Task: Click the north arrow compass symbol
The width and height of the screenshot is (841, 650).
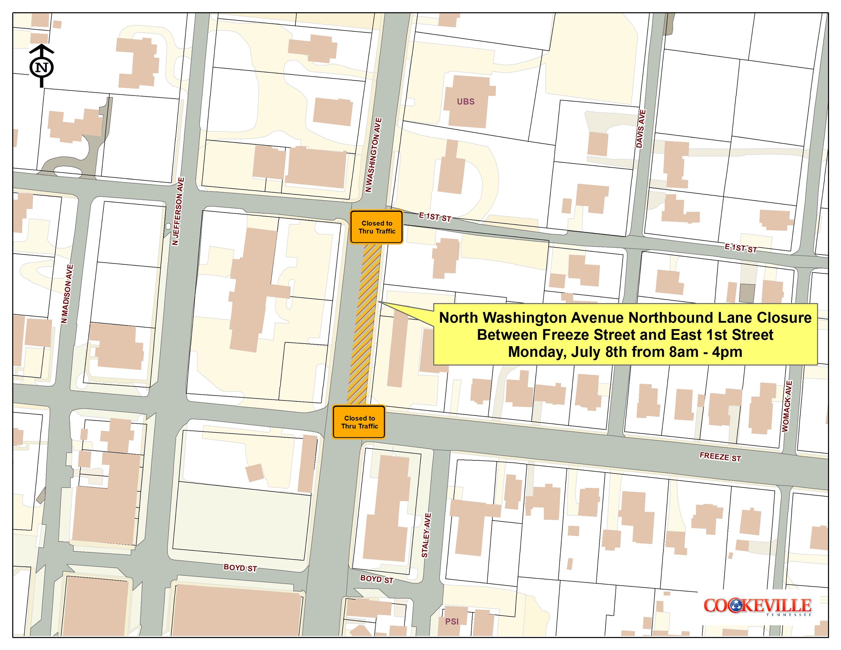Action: [42, 67]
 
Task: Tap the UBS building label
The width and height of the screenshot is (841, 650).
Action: [465, 102]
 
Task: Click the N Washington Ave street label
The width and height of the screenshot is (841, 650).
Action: [374, 155]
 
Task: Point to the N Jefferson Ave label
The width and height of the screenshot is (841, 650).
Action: [178, 211]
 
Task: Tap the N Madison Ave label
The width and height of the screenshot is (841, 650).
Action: [67, 294]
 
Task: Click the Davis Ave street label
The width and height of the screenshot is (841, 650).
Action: [641, 129]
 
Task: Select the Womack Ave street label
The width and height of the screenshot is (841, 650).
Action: [787, 406]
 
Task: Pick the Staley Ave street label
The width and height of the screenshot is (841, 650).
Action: [426, 535]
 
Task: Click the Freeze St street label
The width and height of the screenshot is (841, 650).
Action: [720, 457]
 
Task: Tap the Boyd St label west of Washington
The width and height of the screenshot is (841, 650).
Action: [240, 568]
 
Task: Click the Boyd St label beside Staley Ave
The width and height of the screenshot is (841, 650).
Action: [377, 579]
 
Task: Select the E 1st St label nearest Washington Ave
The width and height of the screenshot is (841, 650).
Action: [435, 217]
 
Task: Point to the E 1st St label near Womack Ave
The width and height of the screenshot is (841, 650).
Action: [740, 248]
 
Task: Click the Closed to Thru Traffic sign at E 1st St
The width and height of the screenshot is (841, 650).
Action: [377, 227]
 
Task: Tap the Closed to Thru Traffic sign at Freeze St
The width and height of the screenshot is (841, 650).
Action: [359, 422]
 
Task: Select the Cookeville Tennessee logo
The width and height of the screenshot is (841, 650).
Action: [758, 607]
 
